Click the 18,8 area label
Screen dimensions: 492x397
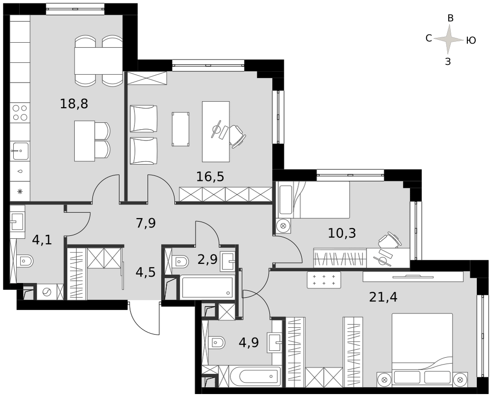[74, 103]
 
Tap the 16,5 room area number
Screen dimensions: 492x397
[210, 176]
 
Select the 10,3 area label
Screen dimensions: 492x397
[342, 233]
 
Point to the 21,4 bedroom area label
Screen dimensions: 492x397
[383, 297]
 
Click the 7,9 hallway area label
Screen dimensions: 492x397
[146, 224]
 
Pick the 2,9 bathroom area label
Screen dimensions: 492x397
[208, 259]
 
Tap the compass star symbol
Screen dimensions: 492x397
[449, 39]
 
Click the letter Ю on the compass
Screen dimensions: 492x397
[471, 40]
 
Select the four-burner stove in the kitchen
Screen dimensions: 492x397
[20, 113]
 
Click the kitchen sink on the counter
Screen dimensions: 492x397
[20, 151]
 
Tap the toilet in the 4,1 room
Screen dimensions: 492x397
[26, 261]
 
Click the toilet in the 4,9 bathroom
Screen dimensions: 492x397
[217, 342]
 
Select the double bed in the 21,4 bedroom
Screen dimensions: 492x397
[422, 348]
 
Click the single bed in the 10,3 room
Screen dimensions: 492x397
[314, 199]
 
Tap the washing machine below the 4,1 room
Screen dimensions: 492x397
[46, 292]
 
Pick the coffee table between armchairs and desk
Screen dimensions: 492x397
[181, 129]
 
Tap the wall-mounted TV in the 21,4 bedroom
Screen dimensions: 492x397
[413, 276]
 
